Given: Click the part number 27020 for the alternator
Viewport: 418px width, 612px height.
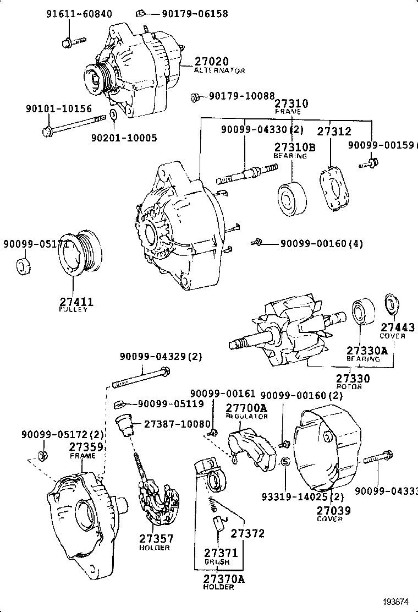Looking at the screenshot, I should click(211, 61).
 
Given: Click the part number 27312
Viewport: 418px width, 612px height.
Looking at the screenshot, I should click(334, 132).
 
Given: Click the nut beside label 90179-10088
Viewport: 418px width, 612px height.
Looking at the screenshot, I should click(195, 98).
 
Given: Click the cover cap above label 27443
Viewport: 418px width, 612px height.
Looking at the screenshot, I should click(391, 304).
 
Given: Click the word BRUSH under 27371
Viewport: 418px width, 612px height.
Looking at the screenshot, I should click(217, 562).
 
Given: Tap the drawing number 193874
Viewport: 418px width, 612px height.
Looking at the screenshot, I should click(396, 601).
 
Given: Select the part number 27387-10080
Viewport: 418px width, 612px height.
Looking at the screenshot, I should click(177, 424).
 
